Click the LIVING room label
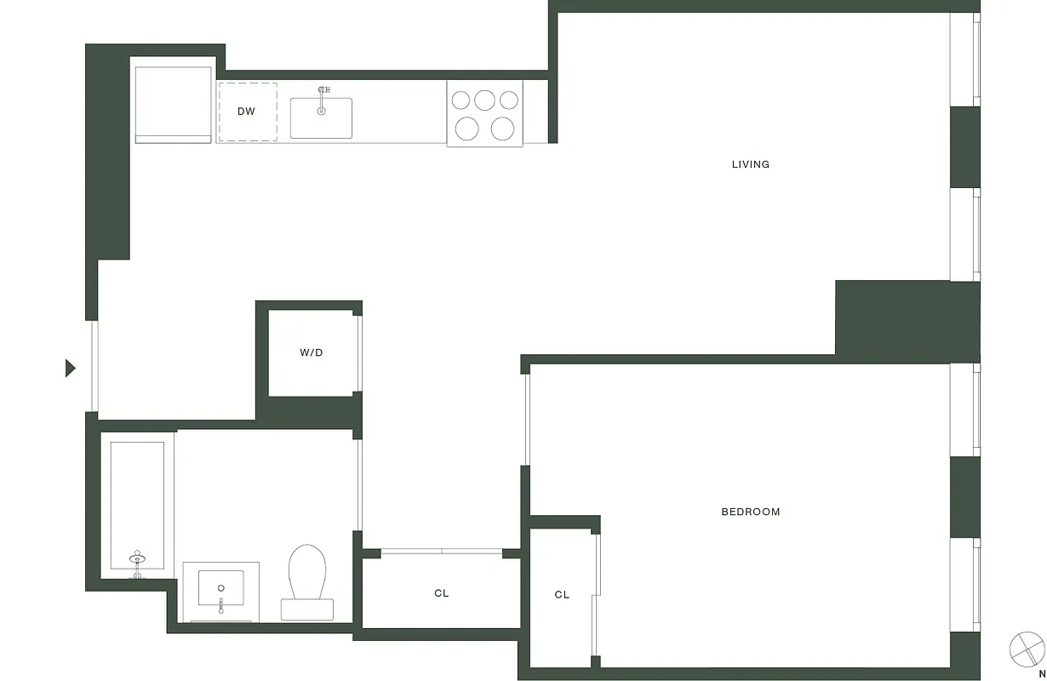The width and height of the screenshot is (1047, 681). (750, 164)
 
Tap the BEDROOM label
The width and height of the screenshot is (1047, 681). (750, 512)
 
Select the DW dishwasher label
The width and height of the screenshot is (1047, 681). (246, 112)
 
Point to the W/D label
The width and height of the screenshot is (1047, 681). (311, 352)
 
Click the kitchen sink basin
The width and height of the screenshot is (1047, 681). (321, 120)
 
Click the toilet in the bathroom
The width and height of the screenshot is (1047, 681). (307, 572)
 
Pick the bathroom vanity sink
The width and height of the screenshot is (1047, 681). (221, 587)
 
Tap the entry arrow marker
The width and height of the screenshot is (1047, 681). (71, 368)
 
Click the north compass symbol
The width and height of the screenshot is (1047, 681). (1027, 649)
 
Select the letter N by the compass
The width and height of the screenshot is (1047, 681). (1041, 673)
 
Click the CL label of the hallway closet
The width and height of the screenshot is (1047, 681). (441, 593)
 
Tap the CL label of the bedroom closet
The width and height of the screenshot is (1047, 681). (562, 595)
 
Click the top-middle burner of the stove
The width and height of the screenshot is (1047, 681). (485, 100)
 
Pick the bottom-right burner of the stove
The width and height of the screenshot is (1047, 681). (503, 129)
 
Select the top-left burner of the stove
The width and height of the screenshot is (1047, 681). (461, 100)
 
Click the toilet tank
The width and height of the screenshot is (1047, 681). (307, 609)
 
